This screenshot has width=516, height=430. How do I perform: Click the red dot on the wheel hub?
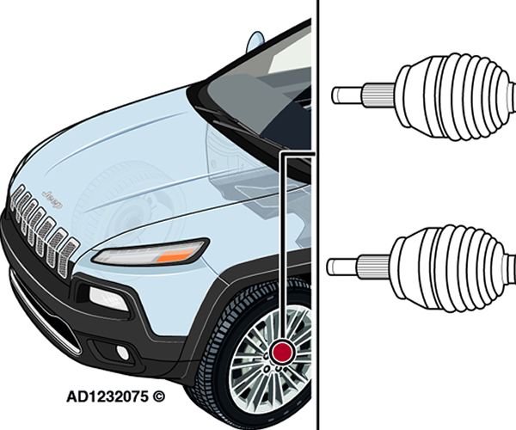point(282,352)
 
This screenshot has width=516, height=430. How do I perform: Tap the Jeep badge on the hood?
point(52,199)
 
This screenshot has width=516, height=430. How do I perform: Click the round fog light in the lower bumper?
point(122,353)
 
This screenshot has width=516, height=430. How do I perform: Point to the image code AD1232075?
point(107,396)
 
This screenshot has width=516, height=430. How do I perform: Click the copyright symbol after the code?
point(158,396)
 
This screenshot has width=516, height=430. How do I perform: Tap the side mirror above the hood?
point(255,42)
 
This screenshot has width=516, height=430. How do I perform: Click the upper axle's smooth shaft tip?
point(347,95)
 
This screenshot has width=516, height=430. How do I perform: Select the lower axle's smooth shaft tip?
point(342,267)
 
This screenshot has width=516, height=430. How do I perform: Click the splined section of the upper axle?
point(379,95)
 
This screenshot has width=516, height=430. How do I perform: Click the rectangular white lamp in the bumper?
point(108,298)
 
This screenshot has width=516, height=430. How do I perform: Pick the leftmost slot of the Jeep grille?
point(18,198)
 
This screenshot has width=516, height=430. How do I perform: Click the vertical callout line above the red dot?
point(282,247)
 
